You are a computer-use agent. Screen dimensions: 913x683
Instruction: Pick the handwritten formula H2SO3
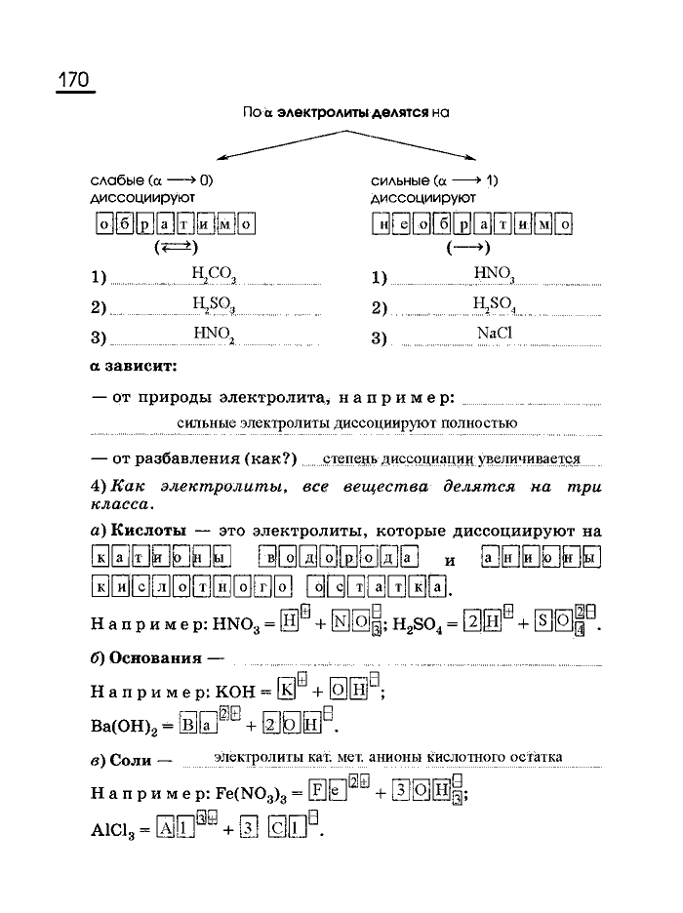pyautogui.click(x=214, y=305)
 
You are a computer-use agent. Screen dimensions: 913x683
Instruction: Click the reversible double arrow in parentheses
pyautogui.click(x=176, y=248)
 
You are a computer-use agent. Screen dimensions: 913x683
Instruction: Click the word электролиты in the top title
pyautogui.click(x=318, y=112)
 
